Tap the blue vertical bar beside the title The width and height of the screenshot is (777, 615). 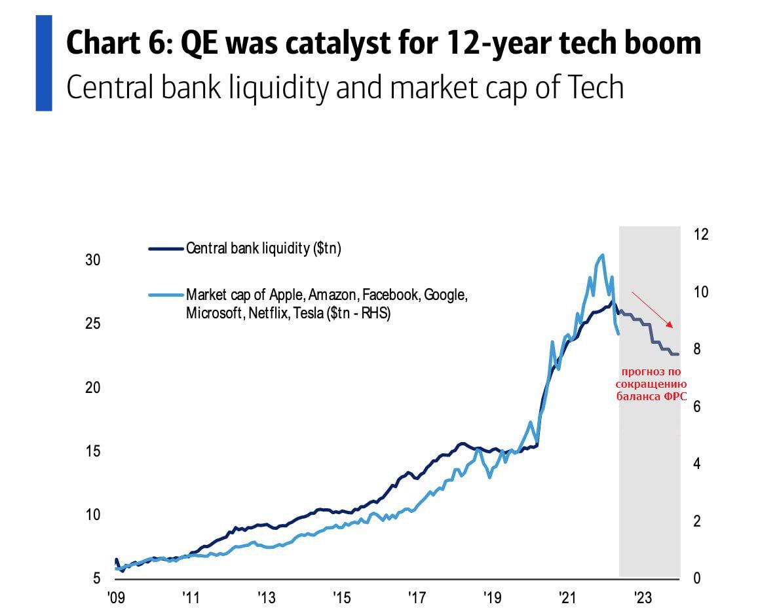(x=43, y=63)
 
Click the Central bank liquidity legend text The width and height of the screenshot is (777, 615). (x=263, y=249)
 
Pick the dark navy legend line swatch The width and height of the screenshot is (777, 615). (x=166, y=249)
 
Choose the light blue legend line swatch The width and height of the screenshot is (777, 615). (x=166, y=295)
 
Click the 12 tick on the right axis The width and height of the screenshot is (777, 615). (x=701, y=234)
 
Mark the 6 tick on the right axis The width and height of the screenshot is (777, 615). (x=698, y=407)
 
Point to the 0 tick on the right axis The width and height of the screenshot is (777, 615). (x=698, y=578)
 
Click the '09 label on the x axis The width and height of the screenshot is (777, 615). (x=115, y=598)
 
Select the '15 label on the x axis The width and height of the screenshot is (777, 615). (x=341, y=598)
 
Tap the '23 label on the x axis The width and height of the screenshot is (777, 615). (x=643, y=598)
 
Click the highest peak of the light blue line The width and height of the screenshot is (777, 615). (x=601, y=255)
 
